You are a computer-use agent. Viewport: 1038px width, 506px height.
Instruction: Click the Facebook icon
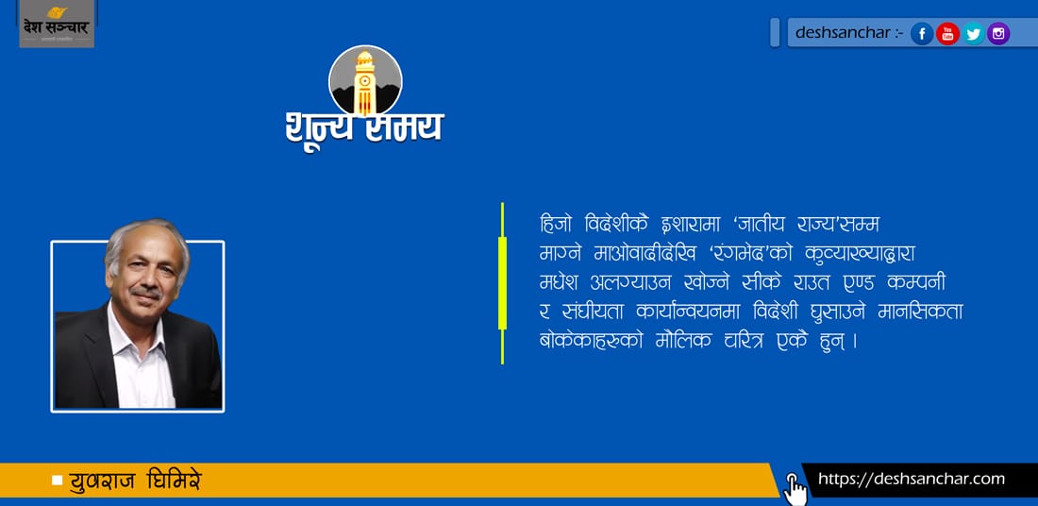[922, 33]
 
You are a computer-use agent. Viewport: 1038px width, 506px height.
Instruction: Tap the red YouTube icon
[947, 33]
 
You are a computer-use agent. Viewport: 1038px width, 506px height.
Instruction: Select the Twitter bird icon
[973, 33]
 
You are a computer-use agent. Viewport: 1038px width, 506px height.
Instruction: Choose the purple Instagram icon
[998, 33]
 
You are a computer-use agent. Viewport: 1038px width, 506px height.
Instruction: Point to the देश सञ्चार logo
[57, 24]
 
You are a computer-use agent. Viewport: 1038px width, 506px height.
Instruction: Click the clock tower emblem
[365, 81]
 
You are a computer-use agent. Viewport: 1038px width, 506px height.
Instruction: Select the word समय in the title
[405, 126]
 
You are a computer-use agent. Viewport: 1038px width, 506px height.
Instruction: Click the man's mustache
[145, 292]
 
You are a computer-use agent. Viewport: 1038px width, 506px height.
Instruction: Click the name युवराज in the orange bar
[103, 481]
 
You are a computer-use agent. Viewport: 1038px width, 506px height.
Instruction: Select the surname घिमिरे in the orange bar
[175, 481]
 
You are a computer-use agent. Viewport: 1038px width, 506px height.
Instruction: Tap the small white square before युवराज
[57, 481]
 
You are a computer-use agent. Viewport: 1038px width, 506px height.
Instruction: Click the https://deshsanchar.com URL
[912, 479]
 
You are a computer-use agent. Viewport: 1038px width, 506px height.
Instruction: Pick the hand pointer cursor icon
[795, 489]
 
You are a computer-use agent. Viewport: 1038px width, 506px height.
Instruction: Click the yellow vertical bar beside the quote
[502, 283]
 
